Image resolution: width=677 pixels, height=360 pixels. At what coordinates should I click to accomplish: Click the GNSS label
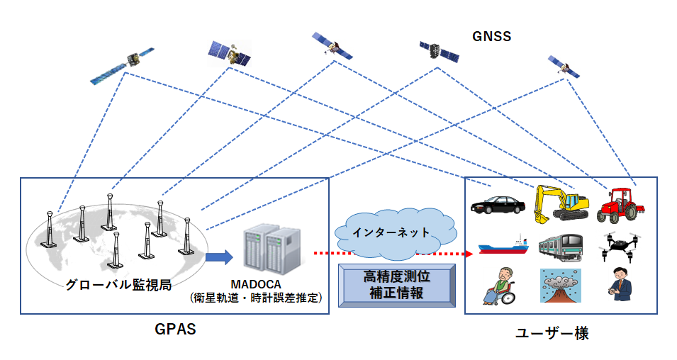click(x=491, y=36)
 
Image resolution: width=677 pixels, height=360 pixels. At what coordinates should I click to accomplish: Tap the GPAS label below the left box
click(x=175, y=330)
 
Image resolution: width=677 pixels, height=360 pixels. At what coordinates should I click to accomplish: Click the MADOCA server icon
click(x=272, y=250)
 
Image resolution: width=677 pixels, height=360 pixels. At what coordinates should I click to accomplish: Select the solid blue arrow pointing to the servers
click(x=219, y=257)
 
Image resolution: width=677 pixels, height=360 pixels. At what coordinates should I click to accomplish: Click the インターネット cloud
click(x=395, y=234)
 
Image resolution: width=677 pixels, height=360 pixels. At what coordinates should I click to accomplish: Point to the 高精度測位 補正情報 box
click(x=397, y=286)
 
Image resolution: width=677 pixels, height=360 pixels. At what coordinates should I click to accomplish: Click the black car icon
click(x=498, y=204)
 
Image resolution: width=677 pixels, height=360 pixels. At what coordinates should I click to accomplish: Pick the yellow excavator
click(x=561, y=204)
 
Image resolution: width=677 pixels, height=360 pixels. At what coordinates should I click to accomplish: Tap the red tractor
click(x=620, y=205)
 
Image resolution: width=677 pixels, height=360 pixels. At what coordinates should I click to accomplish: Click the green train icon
click(x=561, y=247)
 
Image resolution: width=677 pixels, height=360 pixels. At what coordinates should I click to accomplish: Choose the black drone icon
click(x=620, y=247)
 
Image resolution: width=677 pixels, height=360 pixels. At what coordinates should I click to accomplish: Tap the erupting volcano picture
click(x=561, y=286)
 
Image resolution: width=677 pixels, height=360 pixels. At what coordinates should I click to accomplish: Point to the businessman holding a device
click(x=620, y=284)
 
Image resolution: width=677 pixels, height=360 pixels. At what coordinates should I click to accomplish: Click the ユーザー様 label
click(x=552, y=333)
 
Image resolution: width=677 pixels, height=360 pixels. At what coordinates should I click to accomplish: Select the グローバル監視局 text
click(x=118, y=284)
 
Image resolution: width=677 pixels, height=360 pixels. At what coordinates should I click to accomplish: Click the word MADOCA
click(x=256, y=284)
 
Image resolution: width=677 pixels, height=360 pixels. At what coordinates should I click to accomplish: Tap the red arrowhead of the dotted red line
click(x=469, y=254)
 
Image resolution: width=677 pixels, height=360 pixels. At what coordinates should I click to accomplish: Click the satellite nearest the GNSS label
click(x=439, y=51)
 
